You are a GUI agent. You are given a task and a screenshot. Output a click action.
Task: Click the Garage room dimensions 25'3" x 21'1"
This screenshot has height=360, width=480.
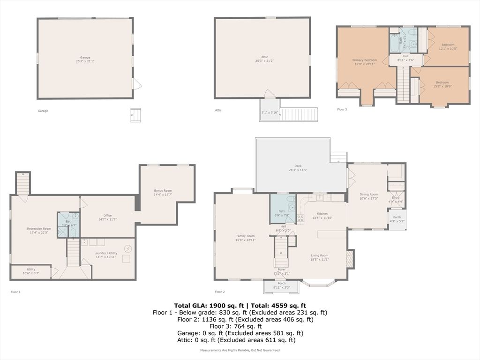coord(85,61)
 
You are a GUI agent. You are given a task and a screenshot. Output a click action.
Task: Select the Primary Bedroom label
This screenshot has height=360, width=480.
coord(365,60)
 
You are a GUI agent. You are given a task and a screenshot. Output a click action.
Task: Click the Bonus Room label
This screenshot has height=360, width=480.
coord(163,191)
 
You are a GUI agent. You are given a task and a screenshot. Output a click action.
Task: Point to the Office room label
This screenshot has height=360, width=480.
coord(107,216)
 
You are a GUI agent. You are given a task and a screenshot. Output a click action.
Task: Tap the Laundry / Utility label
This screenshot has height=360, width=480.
coord(106,253)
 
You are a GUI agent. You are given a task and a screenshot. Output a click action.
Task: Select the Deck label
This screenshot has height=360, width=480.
coord(298,166)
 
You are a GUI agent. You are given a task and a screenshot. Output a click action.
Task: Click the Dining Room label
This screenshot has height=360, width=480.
coord(368,194)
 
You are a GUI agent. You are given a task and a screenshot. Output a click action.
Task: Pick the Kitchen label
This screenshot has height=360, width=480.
coord(322,214)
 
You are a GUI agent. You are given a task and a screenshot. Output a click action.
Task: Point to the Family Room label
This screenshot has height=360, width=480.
coord(245,236)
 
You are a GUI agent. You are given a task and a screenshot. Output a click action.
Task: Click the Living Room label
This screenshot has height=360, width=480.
coord(319,255)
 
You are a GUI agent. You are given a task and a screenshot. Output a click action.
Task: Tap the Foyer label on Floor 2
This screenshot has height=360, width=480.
coord(281,270)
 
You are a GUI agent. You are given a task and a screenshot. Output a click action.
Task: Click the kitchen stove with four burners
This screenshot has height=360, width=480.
coord(300,218)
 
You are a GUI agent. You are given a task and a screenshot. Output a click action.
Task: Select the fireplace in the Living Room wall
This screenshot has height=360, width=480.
coord(349,259)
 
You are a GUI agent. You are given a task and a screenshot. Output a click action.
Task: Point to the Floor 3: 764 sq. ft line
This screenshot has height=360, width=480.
coord(235,326)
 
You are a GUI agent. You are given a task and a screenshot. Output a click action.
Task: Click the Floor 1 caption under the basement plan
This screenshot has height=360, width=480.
coord(15,292)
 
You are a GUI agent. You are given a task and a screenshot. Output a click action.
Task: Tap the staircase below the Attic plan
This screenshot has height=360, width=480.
coord(299,114)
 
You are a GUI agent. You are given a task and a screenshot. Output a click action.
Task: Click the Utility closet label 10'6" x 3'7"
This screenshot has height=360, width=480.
coord(31,271)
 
